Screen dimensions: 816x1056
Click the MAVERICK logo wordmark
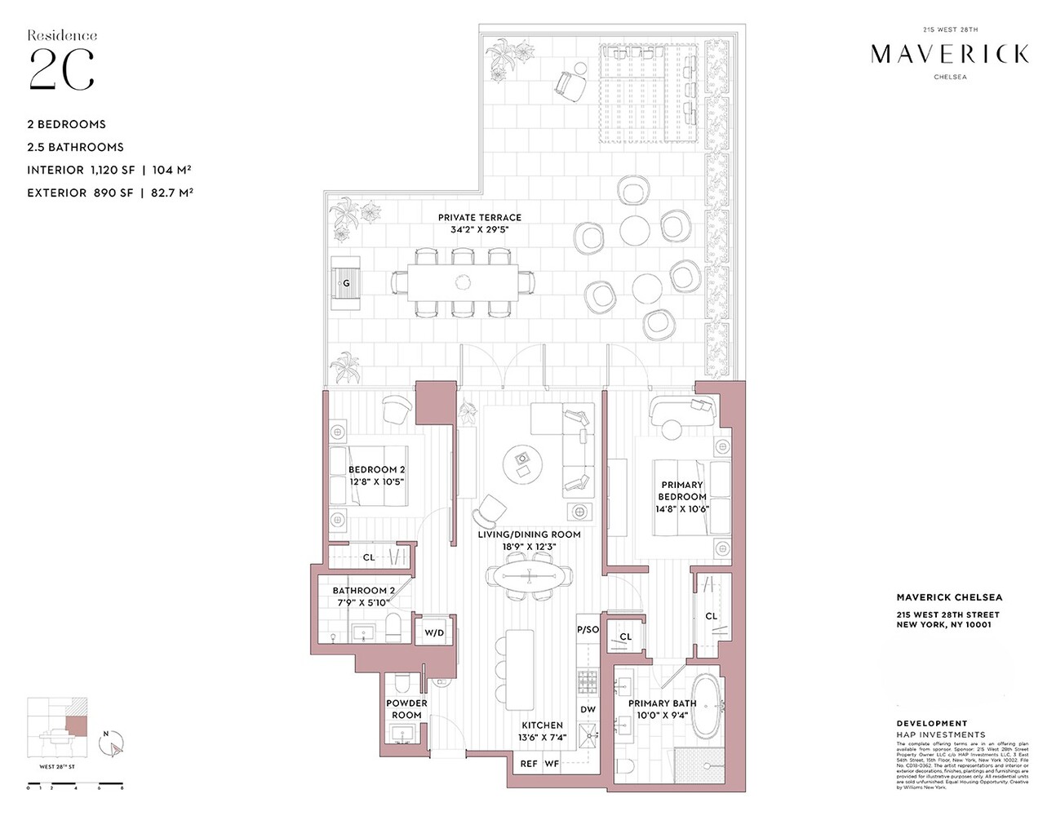(x=949, y=55)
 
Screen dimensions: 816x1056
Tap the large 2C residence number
(x=61, y=70)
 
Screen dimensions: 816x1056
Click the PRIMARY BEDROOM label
(x=682, y=490)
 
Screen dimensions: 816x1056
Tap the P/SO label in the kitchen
(x=588, y=630)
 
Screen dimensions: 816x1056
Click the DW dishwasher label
(x=588, y=710)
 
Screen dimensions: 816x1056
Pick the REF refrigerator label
(x=529, y=764)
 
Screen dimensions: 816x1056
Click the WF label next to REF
(x=552, y=764)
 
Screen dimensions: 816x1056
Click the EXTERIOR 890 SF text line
(x=109, y=193)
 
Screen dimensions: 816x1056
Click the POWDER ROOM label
(x=406, y=709)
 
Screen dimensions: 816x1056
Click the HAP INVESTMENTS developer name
(x=940, y=734)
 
